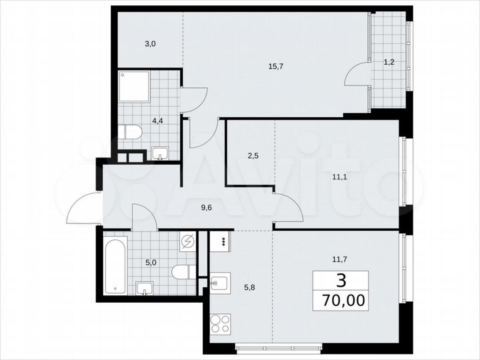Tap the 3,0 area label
click(x=150, y=44)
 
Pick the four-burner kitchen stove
click(x=221, y=328)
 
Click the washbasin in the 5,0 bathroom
click(x=145, y=288)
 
